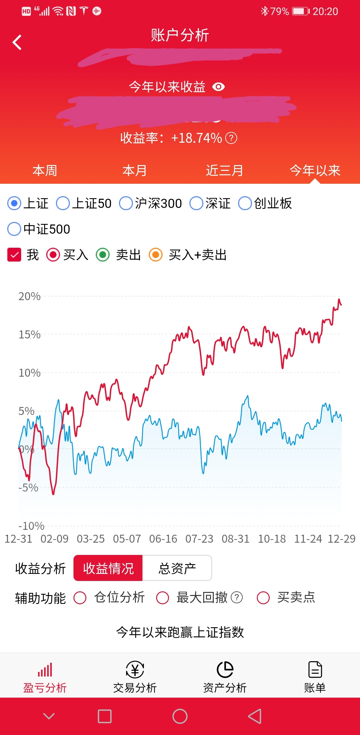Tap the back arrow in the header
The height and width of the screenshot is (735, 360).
[17, 42]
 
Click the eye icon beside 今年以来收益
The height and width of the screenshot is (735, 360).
[219, 87]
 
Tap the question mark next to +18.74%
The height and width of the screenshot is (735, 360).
[231, 138]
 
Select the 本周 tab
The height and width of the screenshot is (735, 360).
[45, 171]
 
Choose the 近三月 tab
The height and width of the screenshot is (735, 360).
[224, 171]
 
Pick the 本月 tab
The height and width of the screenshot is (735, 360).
[134, 171]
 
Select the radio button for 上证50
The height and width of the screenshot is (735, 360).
[63, 203]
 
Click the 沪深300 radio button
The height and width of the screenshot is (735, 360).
[126, 203]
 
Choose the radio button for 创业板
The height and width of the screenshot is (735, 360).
[245, 203]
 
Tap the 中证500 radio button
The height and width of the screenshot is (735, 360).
[14, 229]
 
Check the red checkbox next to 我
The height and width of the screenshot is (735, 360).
[14, 255]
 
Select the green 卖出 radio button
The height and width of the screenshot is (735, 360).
[103, 255]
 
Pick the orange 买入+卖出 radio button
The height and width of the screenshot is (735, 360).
[156, 255]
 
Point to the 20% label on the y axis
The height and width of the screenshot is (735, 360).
[29, 296]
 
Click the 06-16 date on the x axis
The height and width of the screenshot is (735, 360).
[163, 539]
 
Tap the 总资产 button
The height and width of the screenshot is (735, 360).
[177, 568]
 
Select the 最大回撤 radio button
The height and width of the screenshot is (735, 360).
[163, 597]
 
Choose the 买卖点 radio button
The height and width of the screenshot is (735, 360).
[263, 597]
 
